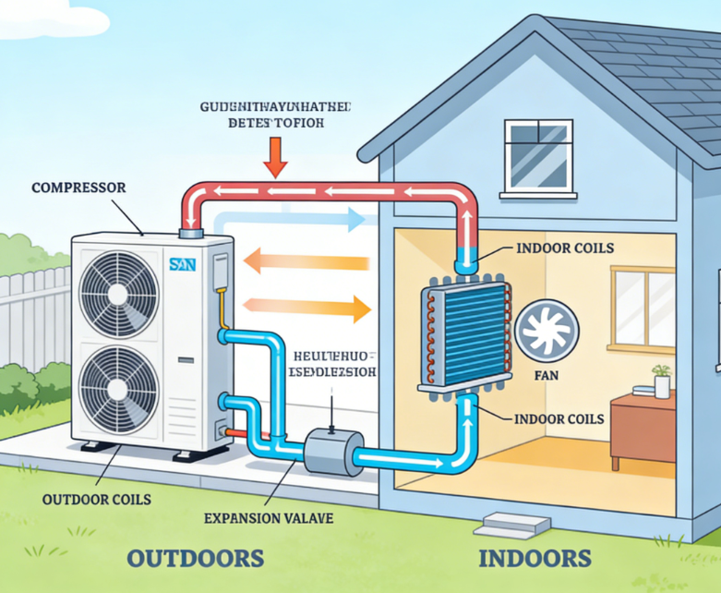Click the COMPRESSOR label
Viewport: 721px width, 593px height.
pyautogui.click(x=78, y=188)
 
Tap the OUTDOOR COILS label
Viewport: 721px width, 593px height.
pyautogui.click(x=96, y=500)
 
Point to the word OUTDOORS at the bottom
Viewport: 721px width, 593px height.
pyautogui.click(x=195, y=558)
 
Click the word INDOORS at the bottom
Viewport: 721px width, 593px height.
pyautogui.click(x=535, y=558)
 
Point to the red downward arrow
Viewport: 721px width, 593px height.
pyautogui.click(x=275, y=157)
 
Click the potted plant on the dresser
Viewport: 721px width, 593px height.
pyautogui.click(x=662, y=380)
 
